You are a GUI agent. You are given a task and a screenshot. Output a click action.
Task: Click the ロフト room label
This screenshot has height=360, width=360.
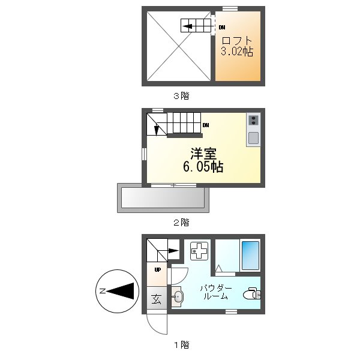point(236,41)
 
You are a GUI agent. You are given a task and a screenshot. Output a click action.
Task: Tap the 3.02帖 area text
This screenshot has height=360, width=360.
point(236,52)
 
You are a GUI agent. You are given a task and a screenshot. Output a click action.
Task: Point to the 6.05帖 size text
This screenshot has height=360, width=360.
point(203,167)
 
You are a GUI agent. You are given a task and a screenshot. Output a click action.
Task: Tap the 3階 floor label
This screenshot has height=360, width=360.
point(181,95)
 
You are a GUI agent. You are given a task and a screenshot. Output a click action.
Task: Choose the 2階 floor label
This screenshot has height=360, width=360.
point(181,222)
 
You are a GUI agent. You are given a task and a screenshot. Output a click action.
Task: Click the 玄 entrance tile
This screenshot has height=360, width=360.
point(156,298)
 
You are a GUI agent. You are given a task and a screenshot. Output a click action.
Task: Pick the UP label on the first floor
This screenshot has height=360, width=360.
point(157,269)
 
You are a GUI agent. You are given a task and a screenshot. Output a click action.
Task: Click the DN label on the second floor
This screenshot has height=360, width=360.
point(206,125)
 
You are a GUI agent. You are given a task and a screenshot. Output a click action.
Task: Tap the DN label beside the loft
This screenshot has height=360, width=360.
point(222,27)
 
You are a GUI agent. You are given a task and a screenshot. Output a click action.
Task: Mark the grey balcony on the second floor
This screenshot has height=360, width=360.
point(163,197)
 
